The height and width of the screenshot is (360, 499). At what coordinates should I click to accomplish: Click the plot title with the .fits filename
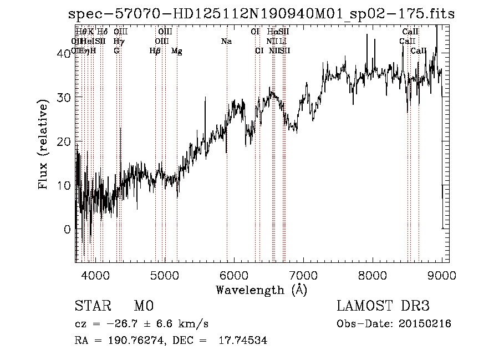point(259,14)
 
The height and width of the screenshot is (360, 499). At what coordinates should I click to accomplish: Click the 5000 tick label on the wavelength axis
point(164,275)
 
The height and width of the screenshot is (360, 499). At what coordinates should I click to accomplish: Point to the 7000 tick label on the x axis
point(303,275)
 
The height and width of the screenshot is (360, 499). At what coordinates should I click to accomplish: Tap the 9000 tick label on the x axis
point(441,275)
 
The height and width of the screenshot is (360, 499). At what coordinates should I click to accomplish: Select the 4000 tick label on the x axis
point(95,275)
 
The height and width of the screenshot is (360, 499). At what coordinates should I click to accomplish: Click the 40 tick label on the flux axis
point(65,53)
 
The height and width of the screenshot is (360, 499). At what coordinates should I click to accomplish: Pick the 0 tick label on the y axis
point(68,229)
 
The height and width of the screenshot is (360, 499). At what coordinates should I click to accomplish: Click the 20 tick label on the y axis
point(65,141)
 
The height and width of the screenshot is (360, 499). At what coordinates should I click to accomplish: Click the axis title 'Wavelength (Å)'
point(261,290)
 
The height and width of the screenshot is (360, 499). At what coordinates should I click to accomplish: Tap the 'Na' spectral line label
point(226,42)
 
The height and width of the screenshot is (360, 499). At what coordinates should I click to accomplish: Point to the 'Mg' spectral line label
point(176,51)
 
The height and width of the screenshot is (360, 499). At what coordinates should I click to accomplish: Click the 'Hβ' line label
point(155,51)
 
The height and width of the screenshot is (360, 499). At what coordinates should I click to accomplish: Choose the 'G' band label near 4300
point(116,51)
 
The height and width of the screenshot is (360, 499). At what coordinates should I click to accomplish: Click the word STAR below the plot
point(92,306)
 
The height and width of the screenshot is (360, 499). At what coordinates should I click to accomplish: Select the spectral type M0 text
point(143,306)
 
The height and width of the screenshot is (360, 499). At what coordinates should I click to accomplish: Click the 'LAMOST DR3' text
point(383,306)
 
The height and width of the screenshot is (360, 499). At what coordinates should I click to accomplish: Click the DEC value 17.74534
point(245,341)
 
